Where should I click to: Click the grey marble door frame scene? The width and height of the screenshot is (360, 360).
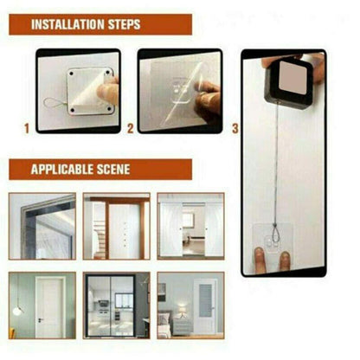[x=41, y=226]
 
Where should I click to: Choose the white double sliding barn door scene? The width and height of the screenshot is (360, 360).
[x=190, y=226]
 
